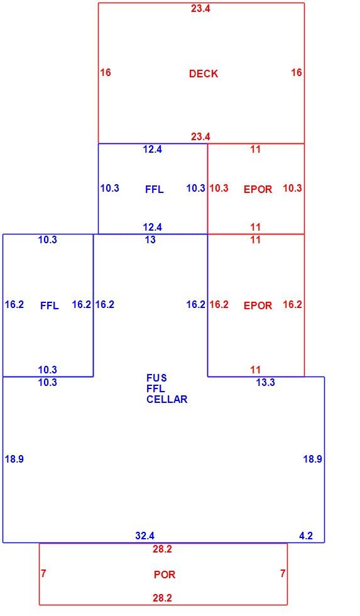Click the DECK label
point(204,74)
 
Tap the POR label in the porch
point(165,575)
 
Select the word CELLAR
point(167,399)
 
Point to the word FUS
point(156,378)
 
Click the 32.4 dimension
point(145,536)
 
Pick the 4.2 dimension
point(306,536)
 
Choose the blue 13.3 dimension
point(265,382)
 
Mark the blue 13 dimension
point(150,239)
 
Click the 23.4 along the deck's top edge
point(200,9)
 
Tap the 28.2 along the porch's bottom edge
point(162,598)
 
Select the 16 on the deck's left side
point(105,72)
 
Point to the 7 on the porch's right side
point(283,573)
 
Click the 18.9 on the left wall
point(14,459)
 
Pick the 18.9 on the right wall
point(312,459)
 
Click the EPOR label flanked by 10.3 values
point(258,189)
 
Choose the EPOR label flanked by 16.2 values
point(258,305)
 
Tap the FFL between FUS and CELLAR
point(155,388)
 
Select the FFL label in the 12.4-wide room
point(155,189)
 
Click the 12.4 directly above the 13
point(152,227)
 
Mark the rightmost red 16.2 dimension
point(293,304)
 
